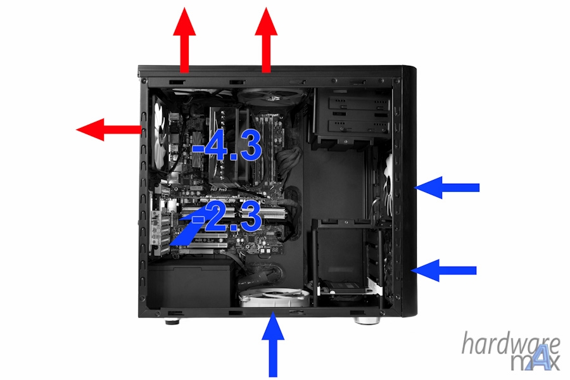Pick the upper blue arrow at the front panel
pos(447,187)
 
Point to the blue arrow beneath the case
pos(274,345)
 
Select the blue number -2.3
pos(227,218)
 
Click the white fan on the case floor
pos(274,298)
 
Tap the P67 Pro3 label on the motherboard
pos(218,189)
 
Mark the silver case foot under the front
pos(365,319)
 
